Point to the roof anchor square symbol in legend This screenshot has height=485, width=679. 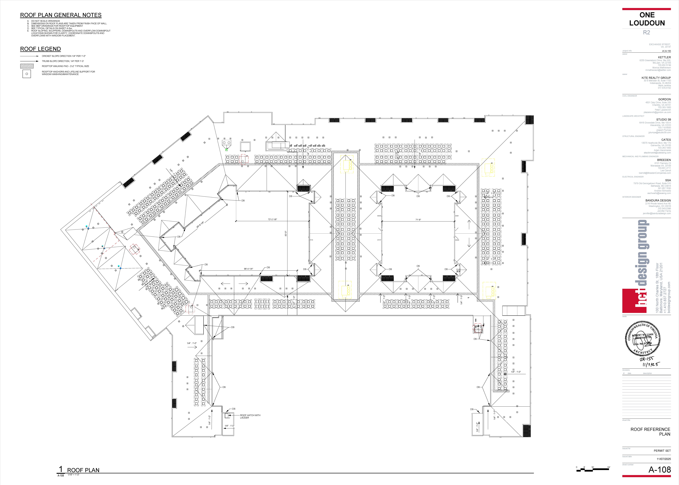[x=27, y=74]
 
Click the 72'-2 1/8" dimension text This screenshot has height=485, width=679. [x=272, y=220]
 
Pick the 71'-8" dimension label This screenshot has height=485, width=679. [x=418, y=220]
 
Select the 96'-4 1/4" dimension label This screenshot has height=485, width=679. [x=248, y=269]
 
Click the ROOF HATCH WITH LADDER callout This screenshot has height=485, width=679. [x=250, y=416]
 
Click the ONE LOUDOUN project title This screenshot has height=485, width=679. [x=647, y=19]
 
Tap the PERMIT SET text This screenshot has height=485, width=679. [x=662, y=451]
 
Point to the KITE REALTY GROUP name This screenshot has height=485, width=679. [x=656, y=78]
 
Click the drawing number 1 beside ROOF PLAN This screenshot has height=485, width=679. [x=61, y=469]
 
